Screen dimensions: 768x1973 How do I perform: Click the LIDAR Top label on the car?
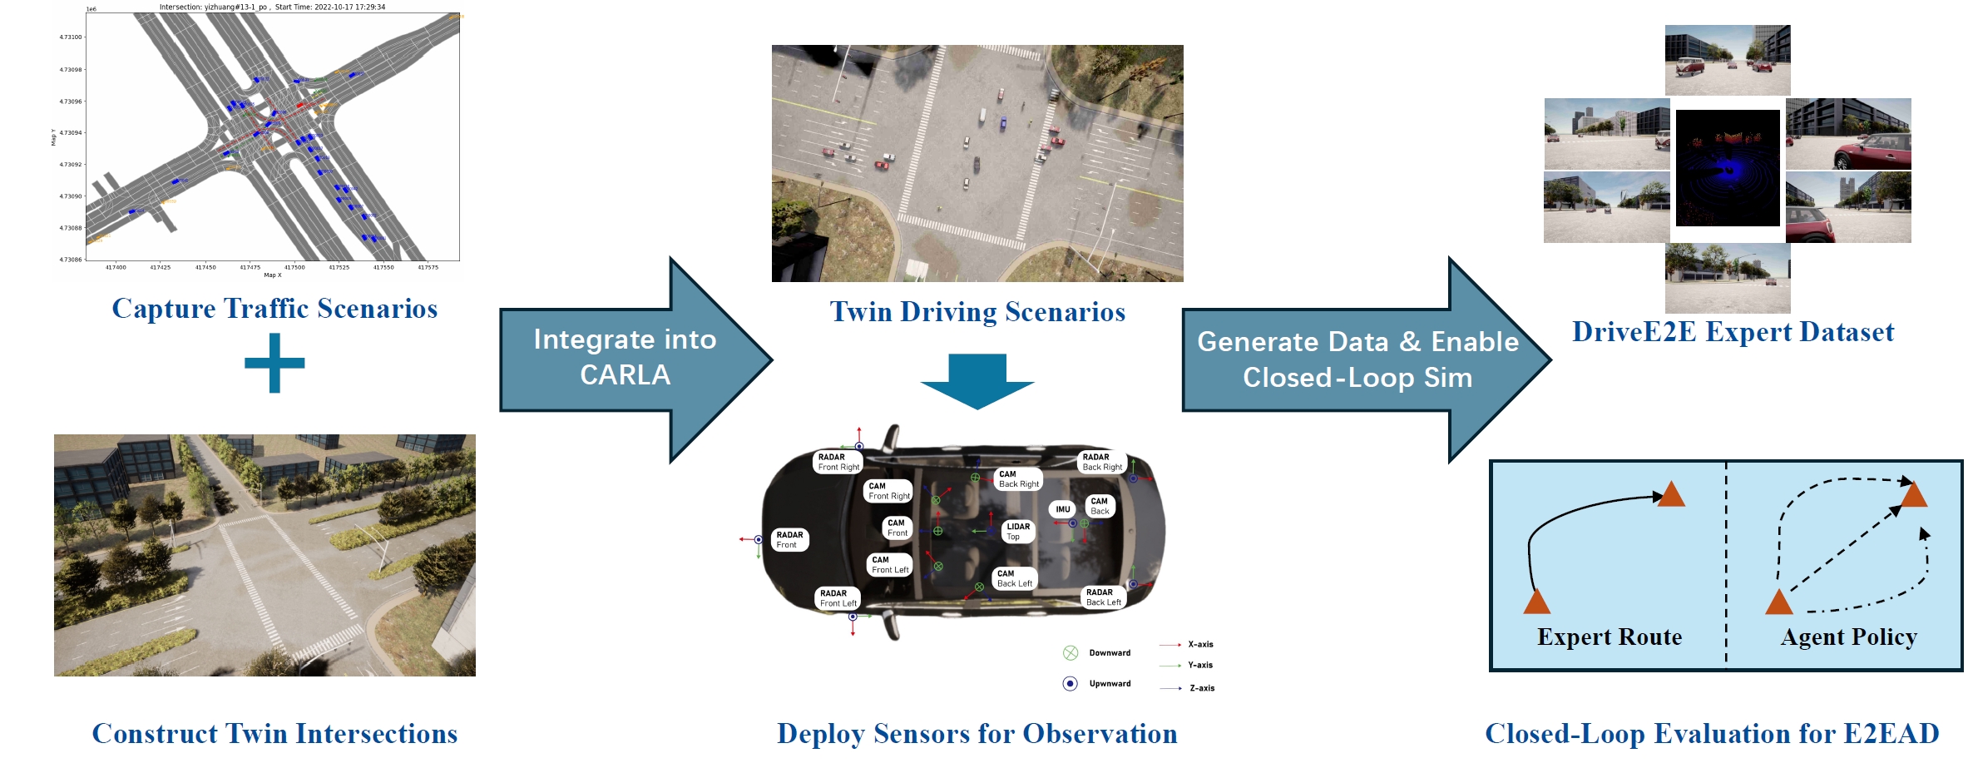1018,532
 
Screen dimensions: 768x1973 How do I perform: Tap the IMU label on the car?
1063,509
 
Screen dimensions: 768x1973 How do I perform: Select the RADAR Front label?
789,540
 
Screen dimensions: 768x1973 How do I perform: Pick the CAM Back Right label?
1018,479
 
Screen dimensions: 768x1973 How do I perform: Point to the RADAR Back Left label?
1104,597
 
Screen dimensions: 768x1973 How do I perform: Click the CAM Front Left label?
889,565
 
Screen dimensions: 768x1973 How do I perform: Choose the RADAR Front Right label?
838,463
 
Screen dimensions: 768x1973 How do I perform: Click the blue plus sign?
274,363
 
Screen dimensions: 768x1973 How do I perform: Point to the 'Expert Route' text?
1609,637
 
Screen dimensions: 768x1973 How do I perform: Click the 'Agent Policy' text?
1848,637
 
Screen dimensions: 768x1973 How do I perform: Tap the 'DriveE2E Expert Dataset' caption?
1733,332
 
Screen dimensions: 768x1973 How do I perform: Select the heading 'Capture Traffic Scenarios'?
274,309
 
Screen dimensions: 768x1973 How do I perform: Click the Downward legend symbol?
1071,653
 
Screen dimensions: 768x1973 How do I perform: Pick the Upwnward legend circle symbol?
1071,684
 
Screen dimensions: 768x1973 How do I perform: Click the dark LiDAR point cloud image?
1728,169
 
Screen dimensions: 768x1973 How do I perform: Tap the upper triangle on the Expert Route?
1670,494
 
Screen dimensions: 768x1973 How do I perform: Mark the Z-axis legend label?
1202,689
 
